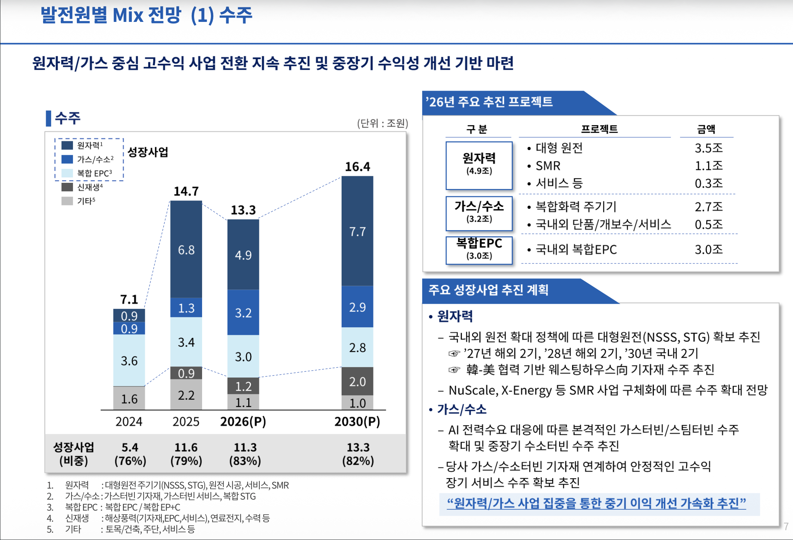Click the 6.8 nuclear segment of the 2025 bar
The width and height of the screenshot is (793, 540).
186,250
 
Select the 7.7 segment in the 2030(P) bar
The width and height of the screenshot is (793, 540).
357,231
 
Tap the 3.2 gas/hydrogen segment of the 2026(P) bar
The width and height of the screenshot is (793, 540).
243,313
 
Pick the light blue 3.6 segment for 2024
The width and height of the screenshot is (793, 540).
129,360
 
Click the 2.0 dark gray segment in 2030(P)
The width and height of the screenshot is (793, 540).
357,381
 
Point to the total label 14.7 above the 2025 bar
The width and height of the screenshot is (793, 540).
186,191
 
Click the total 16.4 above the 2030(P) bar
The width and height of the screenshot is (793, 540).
357,167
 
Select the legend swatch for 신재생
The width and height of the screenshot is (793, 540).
67,187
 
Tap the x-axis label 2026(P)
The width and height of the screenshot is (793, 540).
243,422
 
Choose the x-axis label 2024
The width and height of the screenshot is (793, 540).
129,422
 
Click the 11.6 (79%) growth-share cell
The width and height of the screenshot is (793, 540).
186,454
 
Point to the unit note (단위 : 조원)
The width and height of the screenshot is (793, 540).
382,123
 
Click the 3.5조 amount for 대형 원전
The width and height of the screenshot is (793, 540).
708,148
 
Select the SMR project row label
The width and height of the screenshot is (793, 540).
548,166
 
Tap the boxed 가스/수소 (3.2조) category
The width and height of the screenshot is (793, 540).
479,212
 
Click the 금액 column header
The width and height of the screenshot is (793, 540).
706,129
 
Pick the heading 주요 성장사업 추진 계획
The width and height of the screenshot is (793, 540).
488,290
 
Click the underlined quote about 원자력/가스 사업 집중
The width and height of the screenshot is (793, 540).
596,503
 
